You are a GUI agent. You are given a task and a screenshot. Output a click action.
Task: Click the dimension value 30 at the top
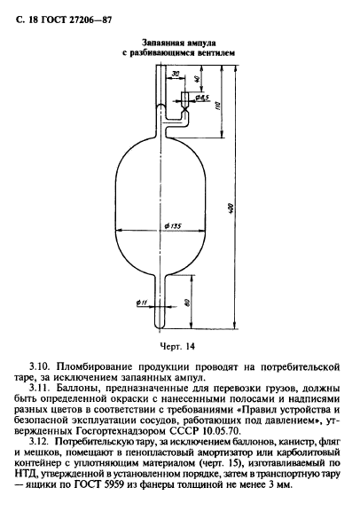pos(176,74)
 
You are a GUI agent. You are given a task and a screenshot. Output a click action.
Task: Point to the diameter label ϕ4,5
pos(201,95)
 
